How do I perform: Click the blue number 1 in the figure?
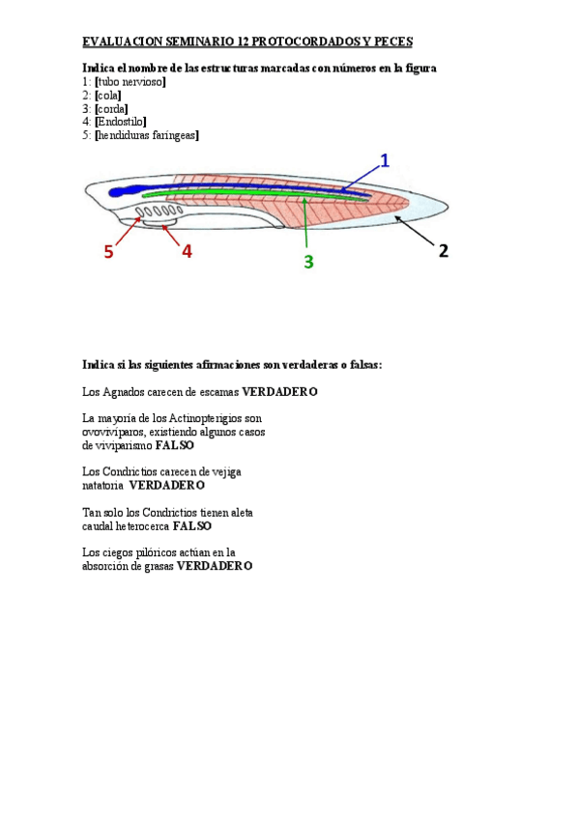point(385,160)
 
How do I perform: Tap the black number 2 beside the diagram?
point(444,250)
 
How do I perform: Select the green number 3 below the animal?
point(308,261)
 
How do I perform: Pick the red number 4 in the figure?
point(187,250)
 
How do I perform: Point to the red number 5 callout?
point(109,252)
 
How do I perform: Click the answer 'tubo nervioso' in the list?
point(130,82)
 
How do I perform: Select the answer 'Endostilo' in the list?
point(120,123)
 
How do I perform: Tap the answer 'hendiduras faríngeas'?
point(146,136)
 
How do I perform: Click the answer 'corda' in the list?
point(111,109)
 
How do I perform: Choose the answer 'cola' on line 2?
point(108,96)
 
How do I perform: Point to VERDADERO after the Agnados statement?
point(279,392)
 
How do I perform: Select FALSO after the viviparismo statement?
point(174,445)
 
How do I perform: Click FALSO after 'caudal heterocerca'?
point(191,526)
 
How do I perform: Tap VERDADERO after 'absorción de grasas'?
point(214,566)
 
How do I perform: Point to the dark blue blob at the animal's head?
point(119,192)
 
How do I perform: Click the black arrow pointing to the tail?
point(411,228)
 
